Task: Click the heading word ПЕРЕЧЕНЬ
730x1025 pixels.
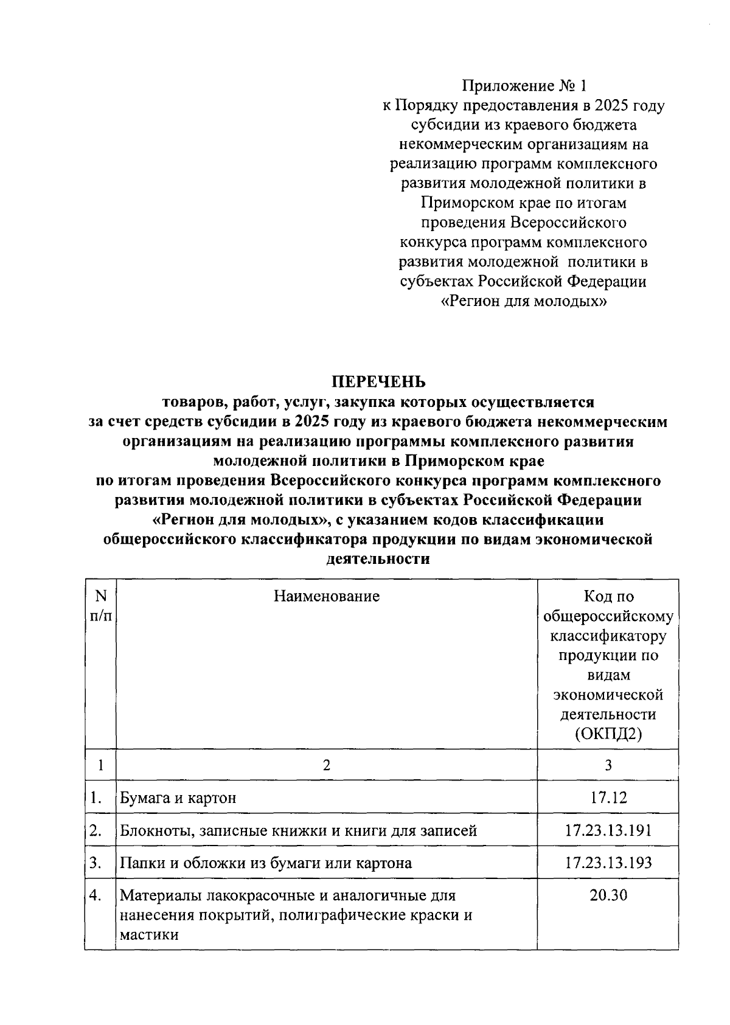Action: [378, 381]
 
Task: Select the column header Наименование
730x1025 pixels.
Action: [326, 596]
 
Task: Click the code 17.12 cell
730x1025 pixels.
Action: [608, 797]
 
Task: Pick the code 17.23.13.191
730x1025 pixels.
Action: [608, 830]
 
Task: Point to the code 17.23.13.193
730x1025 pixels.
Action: [608, 863]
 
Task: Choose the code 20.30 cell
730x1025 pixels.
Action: [608, 895]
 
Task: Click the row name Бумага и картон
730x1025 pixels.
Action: [178, 797]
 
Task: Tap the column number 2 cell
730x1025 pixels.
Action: [326, 765]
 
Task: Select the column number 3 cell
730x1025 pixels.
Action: [608, 765]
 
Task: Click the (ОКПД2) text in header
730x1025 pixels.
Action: [608, 734]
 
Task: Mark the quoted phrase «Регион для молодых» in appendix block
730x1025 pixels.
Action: [524, 301]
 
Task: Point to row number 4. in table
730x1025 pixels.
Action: [95, 895]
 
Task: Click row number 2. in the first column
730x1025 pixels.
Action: [95, 830]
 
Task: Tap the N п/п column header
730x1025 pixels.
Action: [100, 606]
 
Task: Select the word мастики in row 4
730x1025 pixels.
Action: [149, 935]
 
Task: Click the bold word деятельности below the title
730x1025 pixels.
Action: [378, 559]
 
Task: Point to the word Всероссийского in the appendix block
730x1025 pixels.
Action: [569, 223]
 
